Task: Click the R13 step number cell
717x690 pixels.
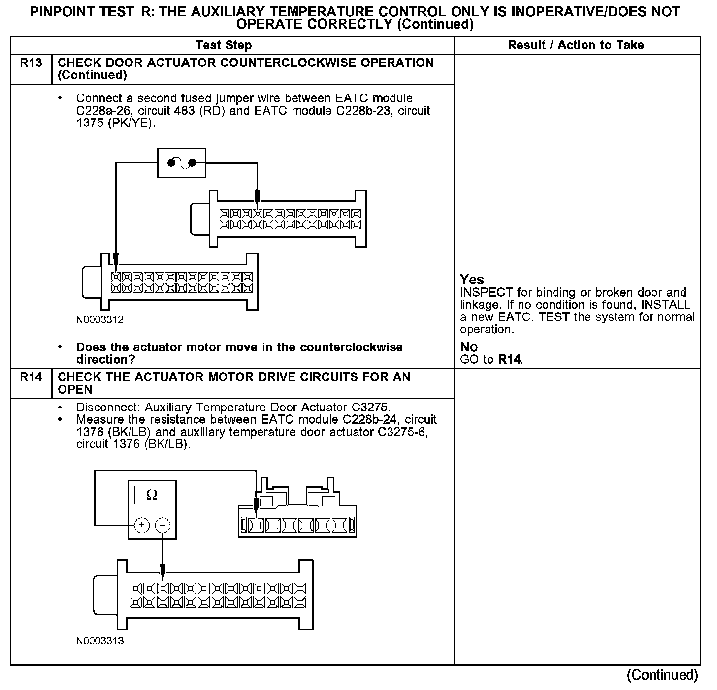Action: click(31, 63)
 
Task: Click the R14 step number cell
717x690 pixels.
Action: click(31, 377)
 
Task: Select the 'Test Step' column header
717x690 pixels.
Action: click(224, 45)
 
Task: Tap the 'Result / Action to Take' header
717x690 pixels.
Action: click(576, 45)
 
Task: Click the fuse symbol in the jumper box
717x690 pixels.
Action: click(181, 163)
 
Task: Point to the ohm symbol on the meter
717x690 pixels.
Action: click(152, 495)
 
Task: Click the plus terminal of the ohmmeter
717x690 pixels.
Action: click(142, 525)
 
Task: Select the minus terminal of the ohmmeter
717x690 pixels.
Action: click(163, 525)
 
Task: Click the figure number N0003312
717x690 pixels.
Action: click(100, 320)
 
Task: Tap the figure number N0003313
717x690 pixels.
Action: click(100, 641)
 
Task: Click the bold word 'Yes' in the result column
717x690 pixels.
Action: click(472, 280)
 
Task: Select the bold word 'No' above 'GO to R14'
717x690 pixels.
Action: click(469, 347)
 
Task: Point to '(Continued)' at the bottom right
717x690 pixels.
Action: click(662, 675)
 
